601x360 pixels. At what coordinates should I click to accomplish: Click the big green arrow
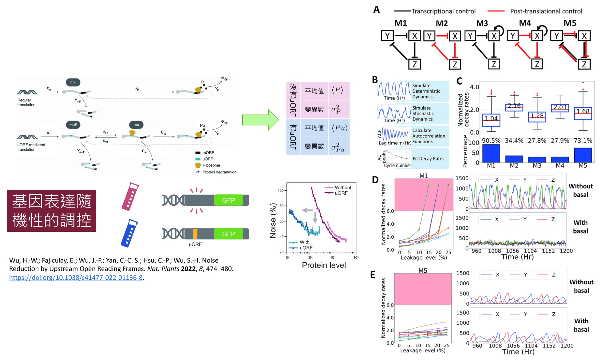tap(260, 120)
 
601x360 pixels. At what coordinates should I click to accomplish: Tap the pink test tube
tap(130, 197)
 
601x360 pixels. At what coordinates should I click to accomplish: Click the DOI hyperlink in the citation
tap(76, 278)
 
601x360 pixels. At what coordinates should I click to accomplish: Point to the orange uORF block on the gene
tap(195, 234)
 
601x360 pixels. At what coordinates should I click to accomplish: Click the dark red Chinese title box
tap(52, 211)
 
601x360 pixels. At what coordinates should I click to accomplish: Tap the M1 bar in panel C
tap(491, 153)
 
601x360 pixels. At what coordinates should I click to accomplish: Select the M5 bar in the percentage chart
tap(583, 155)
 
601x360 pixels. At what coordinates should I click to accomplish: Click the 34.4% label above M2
tap(514, 141)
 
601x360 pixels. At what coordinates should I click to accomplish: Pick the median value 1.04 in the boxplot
tap(491, 118)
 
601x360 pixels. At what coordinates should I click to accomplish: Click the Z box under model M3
tap(494, 64)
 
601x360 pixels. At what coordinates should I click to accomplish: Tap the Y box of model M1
tap(387, 36)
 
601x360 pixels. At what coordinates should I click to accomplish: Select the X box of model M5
tap(584, 36)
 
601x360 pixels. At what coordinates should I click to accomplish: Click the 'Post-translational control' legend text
tap(546, 11)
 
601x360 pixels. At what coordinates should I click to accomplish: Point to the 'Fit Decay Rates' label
tap(428, 159)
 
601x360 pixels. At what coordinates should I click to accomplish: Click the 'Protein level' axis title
tap(324, 265)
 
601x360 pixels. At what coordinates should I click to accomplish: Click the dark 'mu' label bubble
tap(136, 125)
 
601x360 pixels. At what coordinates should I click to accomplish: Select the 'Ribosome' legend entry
tap(211, 165)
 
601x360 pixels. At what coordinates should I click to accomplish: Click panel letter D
tap(375, 180)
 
